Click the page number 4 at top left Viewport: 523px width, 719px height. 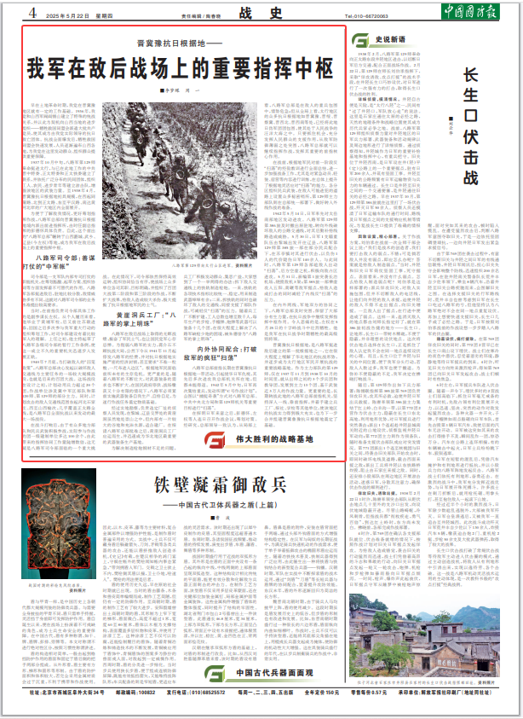32,13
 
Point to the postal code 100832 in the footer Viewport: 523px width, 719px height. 148,707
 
